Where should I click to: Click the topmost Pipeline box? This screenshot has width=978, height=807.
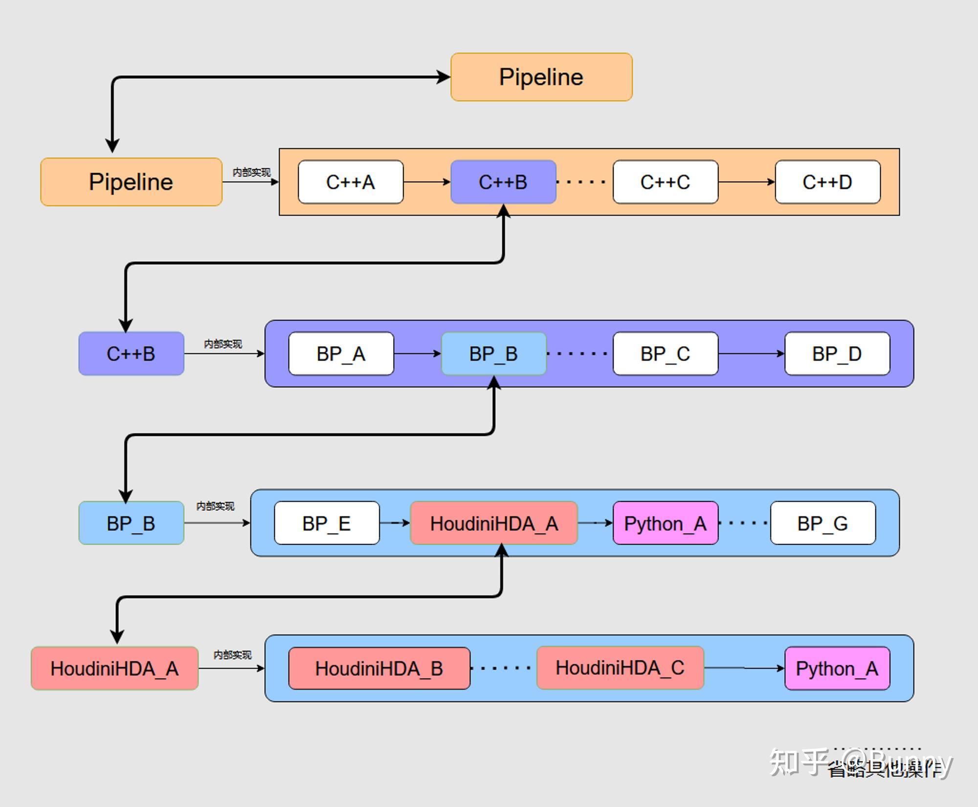(x=541, y=77)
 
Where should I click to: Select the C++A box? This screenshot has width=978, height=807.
(x=351, y=182)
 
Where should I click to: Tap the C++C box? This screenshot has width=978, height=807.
(x=665, y=182)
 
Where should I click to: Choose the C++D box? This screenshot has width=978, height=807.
(x=827, y=182)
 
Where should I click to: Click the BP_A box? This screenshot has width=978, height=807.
(x=341, y=354)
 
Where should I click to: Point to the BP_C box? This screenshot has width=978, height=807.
(x=665, y=354)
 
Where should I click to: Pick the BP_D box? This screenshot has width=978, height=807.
(x=837, y=354)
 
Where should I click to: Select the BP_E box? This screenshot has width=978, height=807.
(x=327, y=523)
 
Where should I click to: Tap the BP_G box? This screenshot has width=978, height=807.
(x=822, y=523)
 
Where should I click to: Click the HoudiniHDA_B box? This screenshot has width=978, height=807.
(x=379, y=668)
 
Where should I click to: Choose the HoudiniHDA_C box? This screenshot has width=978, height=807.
(x=620, y=668)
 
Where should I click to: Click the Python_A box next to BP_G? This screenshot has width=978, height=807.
(x=665, y=523)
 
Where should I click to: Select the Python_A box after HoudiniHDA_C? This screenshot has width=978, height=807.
(x=837, y=668)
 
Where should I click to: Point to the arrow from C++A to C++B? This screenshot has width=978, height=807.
(x=426, y=182)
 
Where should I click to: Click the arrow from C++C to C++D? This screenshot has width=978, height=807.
(x=746, y=182)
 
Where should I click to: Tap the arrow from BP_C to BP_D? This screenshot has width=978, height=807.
(x=751, y=354)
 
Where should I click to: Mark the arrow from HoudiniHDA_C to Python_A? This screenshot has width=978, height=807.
(x=744, y=668)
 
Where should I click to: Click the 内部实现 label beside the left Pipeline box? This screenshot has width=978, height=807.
(x=251, y=172)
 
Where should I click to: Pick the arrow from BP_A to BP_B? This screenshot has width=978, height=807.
(x=417, y=354)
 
